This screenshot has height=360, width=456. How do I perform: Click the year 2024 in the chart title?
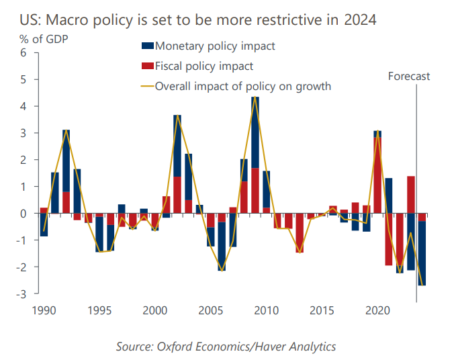(359, 19)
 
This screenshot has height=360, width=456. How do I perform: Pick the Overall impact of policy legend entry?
(242, 86)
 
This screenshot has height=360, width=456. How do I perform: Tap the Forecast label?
(408, 76)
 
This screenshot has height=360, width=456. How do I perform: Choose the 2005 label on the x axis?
(210, 311)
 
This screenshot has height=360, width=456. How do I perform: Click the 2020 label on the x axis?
(377, 311)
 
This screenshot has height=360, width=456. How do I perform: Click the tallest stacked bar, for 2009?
(255, 154)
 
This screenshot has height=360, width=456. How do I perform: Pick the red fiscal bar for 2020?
(377, 175)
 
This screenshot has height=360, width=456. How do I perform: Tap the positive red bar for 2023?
(411, 195)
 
